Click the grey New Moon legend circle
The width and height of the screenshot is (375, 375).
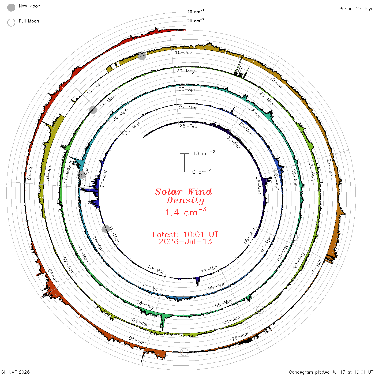[x=11, y=7]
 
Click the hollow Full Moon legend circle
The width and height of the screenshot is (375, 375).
[x=11, y=22]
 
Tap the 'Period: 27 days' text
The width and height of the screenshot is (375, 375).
[x=356, y=9]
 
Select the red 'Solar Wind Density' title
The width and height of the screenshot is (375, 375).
[x=183, y=196]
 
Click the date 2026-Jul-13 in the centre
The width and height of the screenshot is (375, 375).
[x=185, y=242]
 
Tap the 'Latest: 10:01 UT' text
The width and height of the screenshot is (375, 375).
[x=185, y=234]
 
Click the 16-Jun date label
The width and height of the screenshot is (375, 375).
[x=183, y=52]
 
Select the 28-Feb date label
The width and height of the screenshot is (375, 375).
[x=188, y=126]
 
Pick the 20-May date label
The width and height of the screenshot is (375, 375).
[x=185, y=71]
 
